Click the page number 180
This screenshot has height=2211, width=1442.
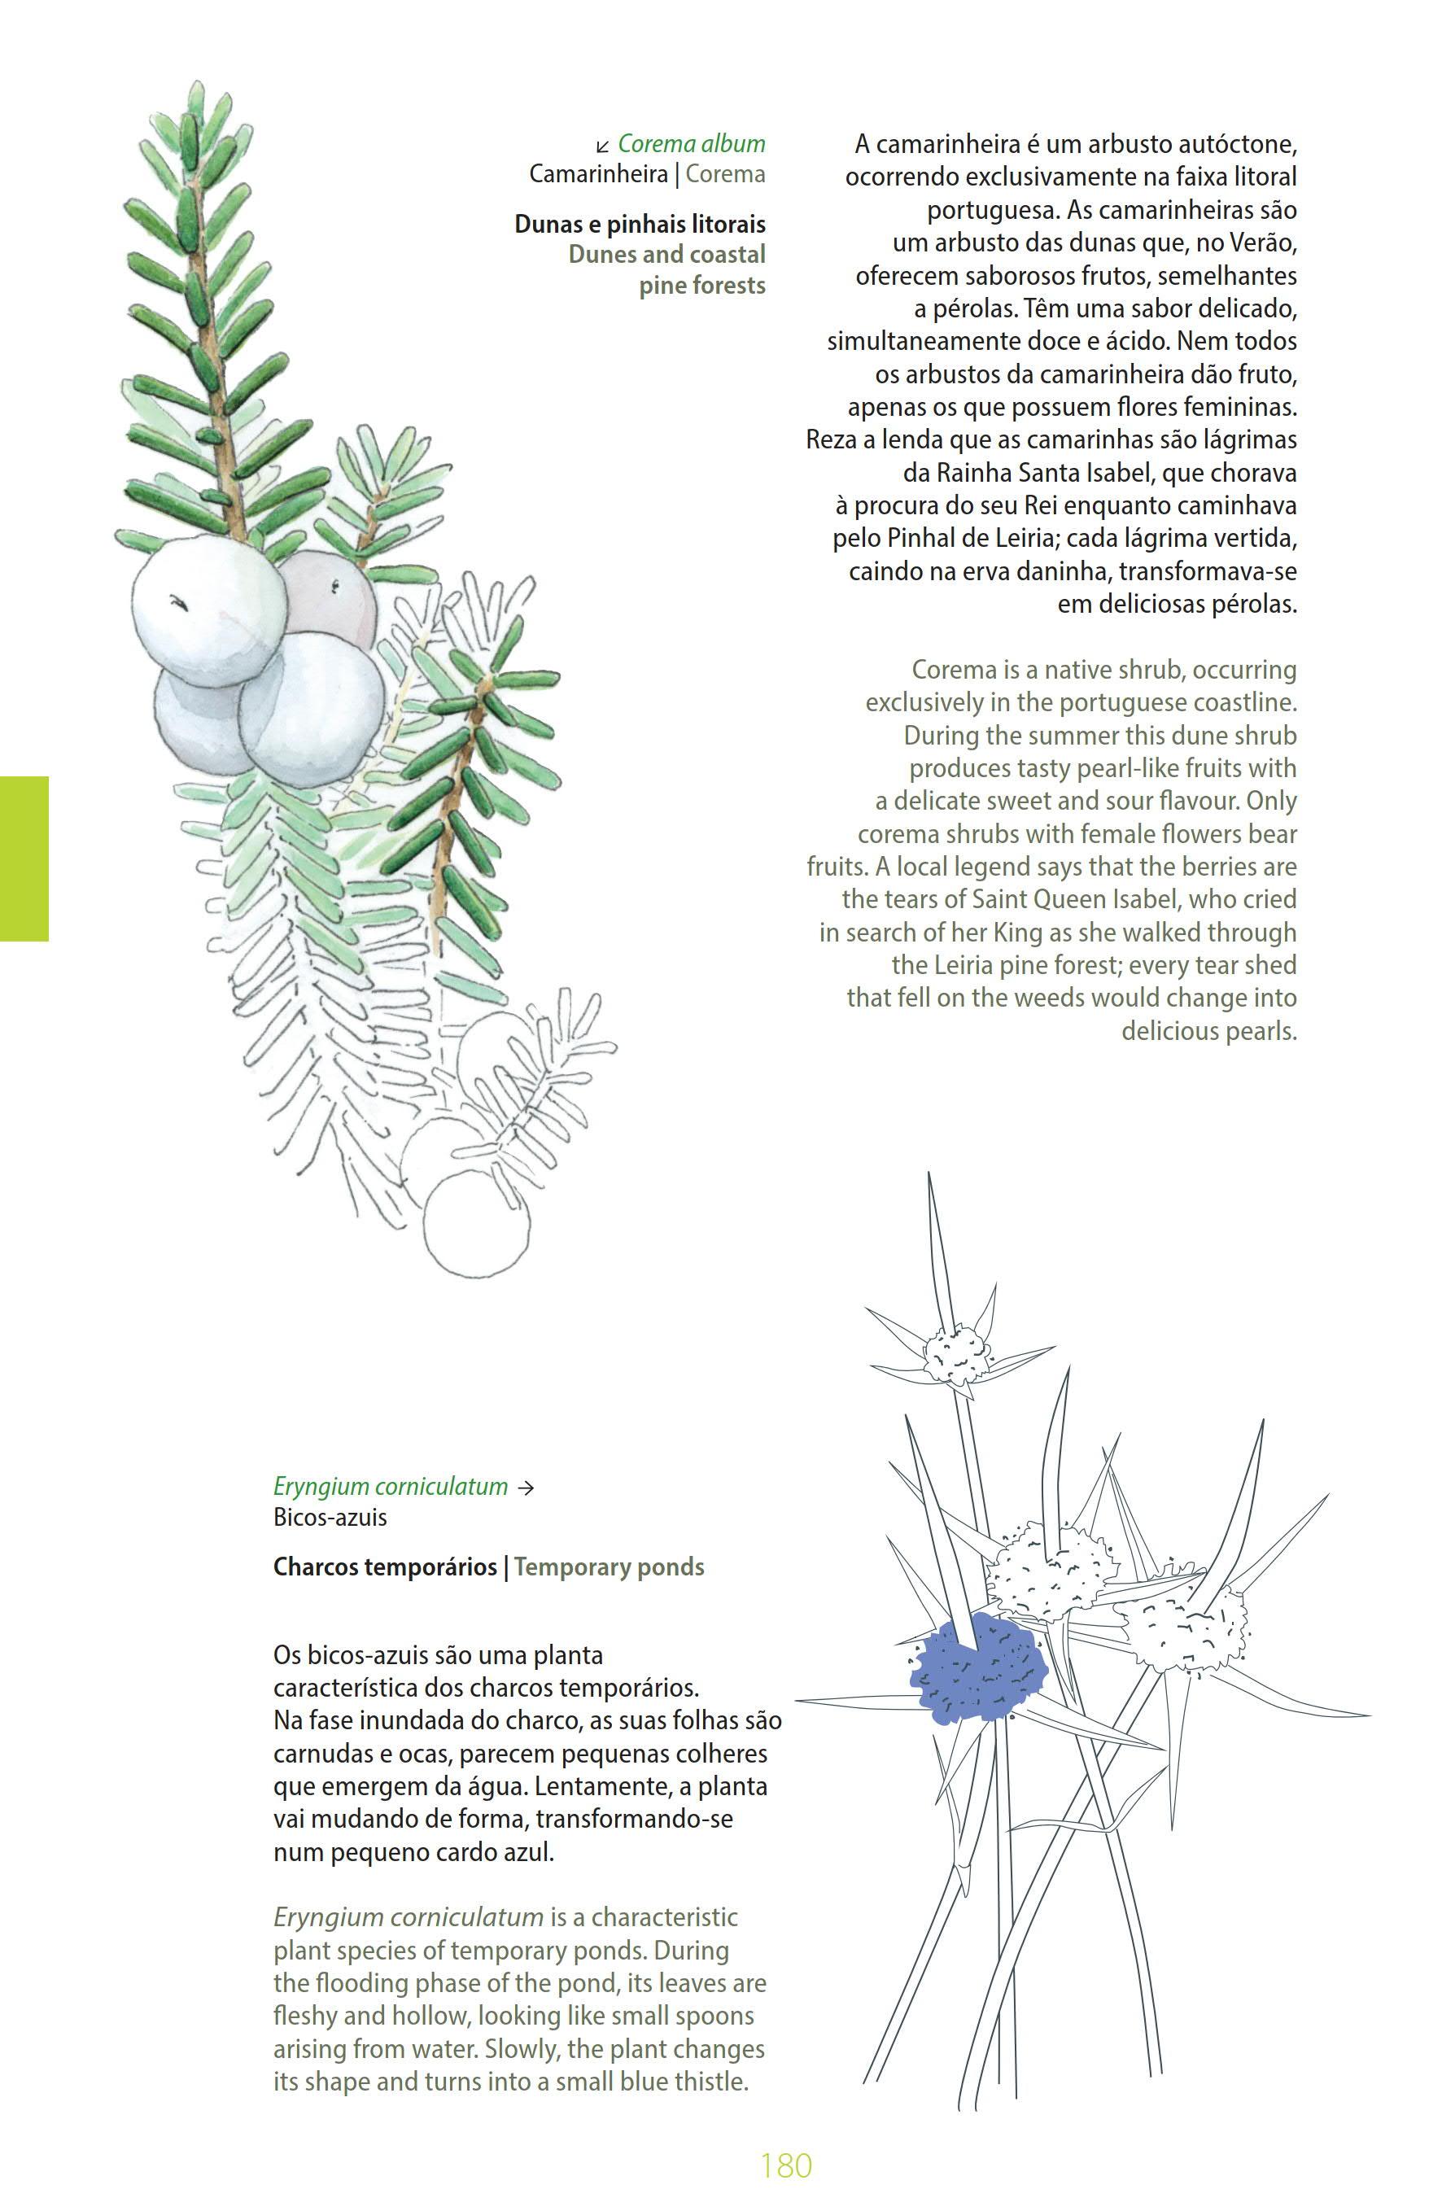pyautogui.click(x=785, y=2165)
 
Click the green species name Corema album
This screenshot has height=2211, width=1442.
pyautogui.click(x=691, y=144)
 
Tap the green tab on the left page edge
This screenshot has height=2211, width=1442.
pyautogui.click(x=24, y=859)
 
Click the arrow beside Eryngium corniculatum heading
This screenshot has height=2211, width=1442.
pyautogui.click(x=526, y=1487)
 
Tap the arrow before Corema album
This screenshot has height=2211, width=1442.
pyautogui.click(x=603, y=146)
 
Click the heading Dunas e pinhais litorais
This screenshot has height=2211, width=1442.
pyautogui.click(x=640, y=224)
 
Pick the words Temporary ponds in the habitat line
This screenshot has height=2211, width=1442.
pyautogui.click(x=609, y=1566)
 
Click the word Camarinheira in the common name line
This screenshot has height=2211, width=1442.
pyautogui.click(x=598, y=173)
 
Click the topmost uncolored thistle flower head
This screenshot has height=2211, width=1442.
pyautogui.click(x=958, y=1352)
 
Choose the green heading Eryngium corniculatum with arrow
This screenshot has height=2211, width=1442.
pyautogui.click(x=391, y=1487)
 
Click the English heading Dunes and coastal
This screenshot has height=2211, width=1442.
pyautogui.click(x=666, y=255)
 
